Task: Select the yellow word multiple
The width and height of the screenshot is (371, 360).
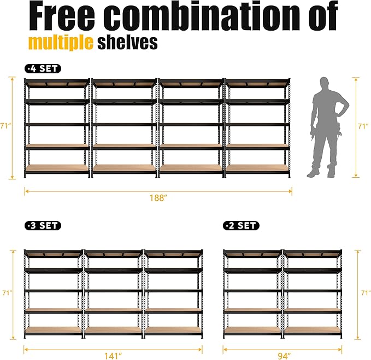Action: [61, 43]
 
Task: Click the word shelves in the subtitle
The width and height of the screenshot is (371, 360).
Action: [127, 43]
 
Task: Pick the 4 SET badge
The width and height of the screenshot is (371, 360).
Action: [43, 69]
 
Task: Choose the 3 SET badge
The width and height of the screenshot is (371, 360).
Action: [43, 225]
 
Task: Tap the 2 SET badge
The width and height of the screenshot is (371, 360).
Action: [241, 225]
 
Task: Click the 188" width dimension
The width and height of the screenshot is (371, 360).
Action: [158, 198]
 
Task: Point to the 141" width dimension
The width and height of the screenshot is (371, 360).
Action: [113, 356]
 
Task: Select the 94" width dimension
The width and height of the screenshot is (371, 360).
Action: [283, 356]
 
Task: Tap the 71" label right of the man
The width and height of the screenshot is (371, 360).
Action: [362, 126]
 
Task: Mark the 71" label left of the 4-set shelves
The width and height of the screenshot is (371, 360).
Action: [6, 126]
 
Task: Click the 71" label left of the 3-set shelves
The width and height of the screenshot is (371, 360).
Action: [6, 293]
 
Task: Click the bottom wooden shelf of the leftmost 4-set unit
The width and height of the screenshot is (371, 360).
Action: [57, 169]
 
